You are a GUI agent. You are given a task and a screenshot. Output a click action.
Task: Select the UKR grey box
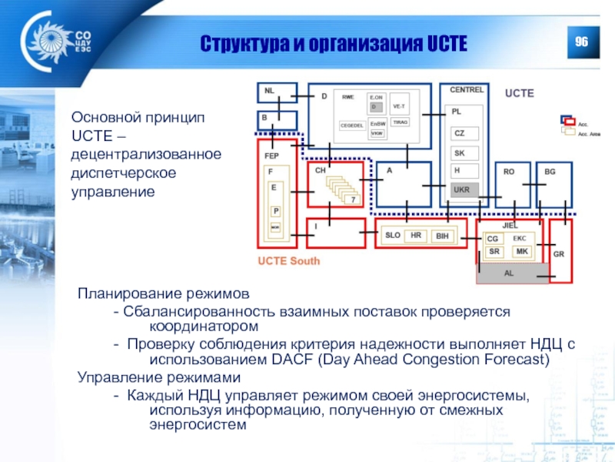[464, 189]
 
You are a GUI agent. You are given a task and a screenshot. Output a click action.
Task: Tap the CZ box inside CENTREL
[464, 133]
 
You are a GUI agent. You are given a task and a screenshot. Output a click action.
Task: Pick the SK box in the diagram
[464, 152]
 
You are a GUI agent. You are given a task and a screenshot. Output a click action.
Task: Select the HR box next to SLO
[416, 236]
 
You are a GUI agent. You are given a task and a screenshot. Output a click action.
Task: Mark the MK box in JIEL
[522, 252]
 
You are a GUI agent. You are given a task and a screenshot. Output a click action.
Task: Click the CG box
[494, 239]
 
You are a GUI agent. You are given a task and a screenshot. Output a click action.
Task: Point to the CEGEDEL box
[353, 126]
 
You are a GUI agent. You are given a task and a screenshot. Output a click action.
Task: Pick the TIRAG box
[401, 122]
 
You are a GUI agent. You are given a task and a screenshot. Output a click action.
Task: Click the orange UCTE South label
[288, 261]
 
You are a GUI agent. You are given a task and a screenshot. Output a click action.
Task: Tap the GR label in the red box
[559, 253]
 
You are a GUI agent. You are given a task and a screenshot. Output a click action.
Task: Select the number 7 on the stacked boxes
[354, 199]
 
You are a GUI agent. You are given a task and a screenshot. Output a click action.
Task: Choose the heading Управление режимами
[158, 378]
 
